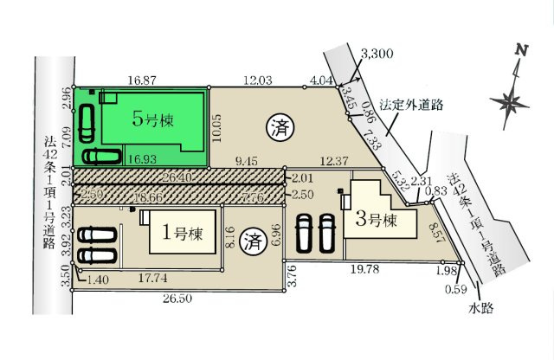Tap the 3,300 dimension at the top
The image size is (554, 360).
(378, 54)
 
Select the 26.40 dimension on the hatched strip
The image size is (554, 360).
(176, 176)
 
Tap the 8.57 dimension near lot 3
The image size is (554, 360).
(440, 232)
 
